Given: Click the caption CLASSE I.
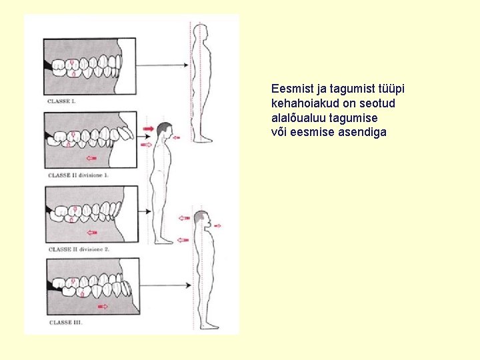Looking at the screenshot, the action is (x=62, y=101).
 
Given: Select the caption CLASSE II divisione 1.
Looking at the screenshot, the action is (x=78, y=175).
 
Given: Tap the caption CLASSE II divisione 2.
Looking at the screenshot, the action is (x=78, y=249).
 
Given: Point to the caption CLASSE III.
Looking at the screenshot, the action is (x=65, y=323).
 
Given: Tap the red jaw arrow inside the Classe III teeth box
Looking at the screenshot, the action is (x=102, y=307).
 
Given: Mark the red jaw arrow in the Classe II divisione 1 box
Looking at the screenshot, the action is (x=91, y=159).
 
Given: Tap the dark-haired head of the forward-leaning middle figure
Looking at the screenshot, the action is (x=164, y=129).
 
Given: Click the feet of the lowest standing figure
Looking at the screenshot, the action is (x=209, y=325).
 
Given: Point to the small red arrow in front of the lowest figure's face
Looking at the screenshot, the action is (x=218, y=226).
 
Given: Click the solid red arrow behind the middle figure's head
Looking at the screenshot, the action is (x=147, y=127).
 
